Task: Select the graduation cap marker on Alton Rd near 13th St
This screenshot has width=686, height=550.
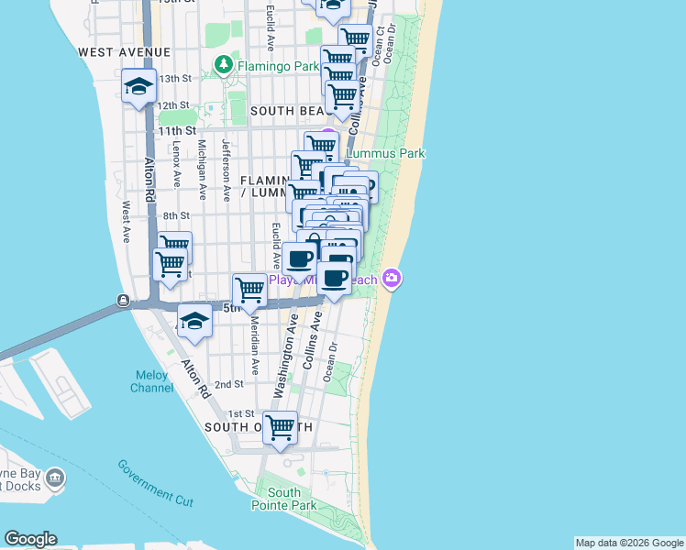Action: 138,87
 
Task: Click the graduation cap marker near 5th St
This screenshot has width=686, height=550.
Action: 194,322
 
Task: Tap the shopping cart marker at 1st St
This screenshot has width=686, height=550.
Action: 281,427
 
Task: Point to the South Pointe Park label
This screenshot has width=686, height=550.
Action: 283,499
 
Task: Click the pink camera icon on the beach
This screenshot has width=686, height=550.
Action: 393,277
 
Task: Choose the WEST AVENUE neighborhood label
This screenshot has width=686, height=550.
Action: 125,52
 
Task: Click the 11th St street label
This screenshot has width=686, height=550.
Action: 177,131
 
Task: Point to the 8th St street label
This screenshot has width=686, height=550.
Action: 176,215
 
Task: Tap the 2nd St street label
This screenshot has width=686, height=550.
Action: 228,384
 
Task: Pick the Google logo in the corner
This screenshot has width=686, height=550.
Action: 30,539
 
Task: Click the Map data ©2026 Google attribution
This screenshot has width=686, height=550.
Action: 629,543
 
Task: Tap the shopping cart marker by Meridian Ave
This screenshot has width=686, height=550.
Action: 249,291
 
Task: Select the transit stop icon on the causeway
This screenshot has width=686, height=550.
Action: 122,301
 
